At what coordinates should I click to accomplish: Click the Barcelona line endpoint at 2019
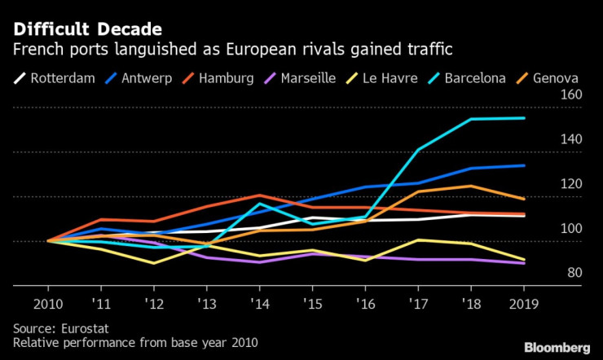(x=524, y=118)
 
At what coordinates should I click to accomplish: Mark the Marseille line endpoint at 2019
(x=524, y=263)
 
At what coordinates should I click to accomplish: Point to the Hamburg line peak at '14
(x=260, y=195)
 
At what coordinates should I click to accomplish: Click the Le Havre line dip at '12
(x=154, y=263)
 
